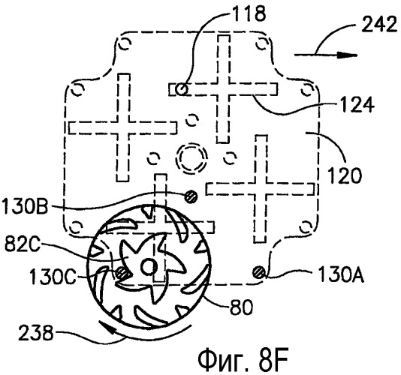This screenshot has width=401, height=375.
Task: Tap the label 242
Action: (379, 25)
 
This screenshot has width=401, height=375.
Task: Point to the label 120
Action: (345, 175)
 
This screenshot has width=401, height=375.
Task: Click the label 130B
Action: (25, 205)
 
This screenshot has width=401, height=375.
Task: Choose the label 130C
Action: (53, 277)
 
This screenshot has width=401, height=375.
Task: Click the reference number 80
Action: (241, 307)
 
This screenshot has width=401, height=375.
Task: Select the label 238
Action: (36, 332)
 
